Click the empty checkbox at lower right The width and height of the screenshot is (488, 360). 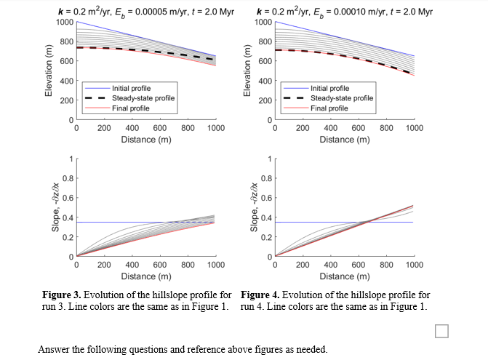(441, 332)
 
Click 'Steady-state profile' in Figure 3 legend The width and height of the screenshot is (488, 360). (143, 98)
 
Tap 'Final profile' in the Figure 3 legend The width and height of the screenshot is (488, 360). (131, 108)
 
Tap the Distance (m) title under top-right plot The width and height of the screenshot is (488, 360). (345, 139)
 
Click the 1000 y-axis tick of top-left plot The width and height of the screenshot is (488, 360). (64, 22)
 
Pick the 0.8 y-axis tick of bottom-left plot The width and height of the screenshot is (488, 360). (66, 178)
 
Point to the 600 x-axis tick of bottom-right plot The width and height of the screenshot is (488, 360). (359, 266)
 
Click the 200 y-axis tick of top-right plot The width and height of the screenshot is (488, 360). (265, 100)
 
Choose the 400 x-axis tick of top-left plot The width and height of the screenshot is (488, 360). (132, 128)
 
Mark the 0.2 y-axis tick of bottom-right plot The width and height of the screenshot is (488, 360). (265, 238)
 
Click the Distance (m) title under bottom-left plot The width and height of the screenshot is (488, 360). (146, 276)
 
